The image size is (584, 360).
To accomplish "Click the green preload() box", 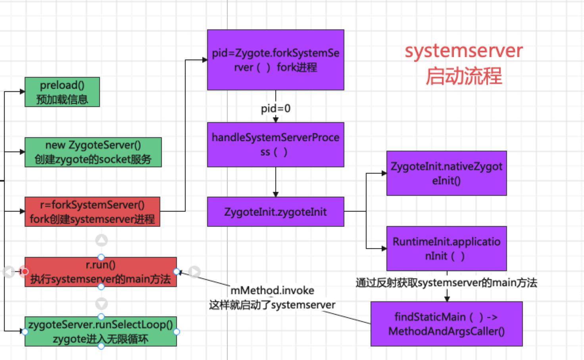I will coord(62,92).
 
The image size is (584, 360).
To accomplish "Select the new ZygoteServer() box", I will coord(93,152).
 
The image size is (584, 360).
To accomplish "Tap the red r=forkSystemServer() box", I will coord(92,212).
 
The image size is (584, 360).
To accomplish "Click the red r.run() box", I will coord(100,272).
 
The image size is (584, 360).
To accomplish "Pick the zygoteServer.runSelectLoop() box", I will coord(100,331).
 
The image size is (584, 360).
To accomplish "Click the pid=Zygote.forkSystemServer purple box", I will coord(275,60).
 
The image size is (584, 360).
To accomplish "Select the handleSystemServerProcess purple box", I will coord(275,144).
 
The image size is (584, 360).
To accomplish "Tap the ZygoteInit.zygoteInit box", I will coord(275,212).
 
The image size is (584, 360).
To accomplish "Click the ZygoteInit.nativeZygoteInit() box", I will coord(446,173).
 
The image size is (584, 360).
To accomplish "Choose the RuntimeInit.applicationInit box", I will coord(446,249).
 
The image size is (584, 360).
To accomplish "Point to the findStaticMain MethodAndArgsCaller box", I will coord(446,324).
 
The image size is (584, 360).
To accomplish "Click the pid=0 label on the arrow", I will coord(275,108).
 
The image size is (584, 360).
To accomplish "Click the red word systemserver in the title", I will coord(463,51).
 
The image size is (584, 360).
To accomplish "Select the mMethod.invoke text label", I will coord(272,291).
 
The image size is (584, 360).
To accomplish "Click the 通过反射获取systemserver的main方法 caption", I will coord(446,283).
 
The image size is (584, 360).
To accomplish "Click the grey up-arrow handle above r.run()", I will coord(102,240).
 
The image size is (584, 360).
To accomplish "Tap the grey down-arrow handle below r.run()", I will coord(102,304).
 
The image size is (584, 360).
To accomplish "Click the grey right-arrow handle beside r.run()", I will coord(194,272).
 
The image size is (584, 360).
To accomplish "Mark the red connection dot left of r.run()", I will coord(25,272).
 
